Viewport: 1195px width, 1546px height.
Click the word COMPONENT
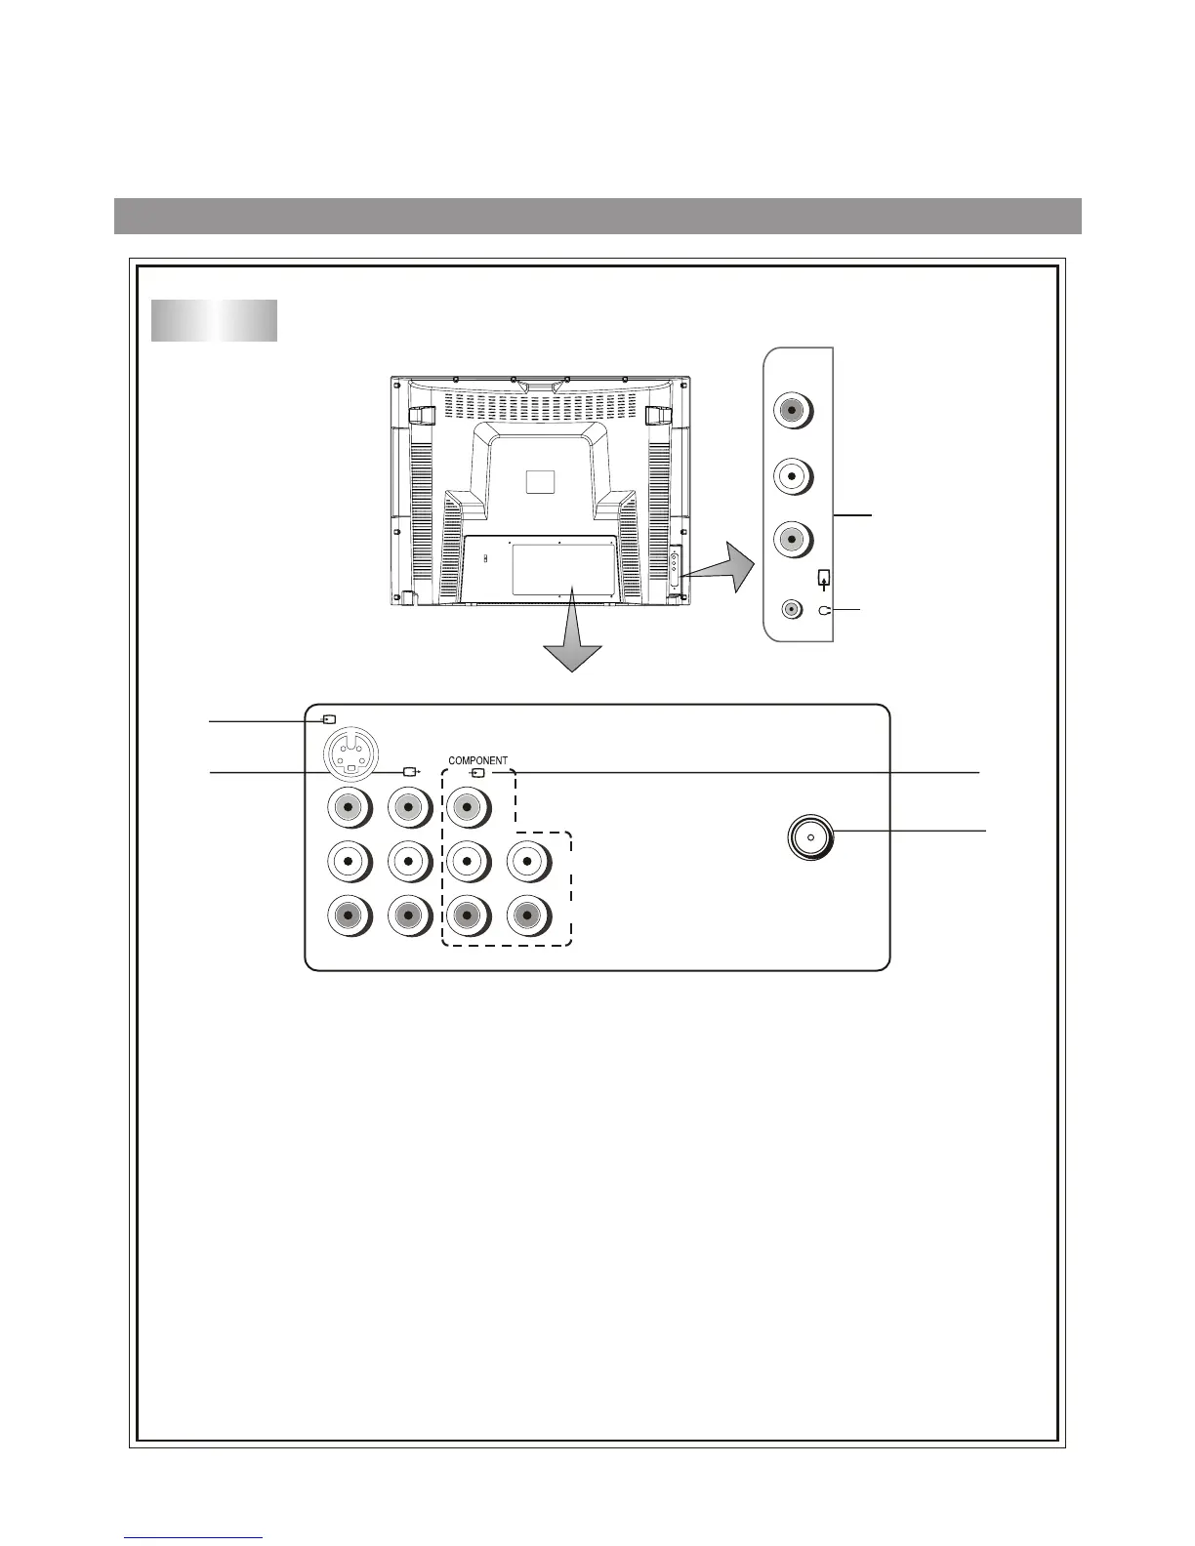click(477, 760)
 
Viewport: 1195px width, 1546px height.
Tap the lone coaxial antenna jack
click(810, 837)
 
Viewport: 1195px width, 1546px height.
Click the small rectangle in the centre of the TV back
click(539, 482)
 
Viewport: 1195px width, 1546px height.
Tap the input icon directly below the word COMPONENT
click(477, 773)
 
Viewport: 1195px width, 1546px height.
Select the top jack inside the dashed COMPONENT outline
click(468, 808)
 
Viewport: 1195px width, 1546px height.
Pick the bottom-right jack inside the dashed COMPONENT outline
click(527, 916)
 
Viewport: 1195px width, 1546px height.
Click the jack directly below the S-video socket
click(349, 808)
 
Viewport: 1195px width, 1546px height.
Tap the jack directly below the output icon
click(409, 808)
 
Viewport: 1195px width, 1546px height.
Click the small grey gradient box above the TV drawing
click(214, 321)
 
